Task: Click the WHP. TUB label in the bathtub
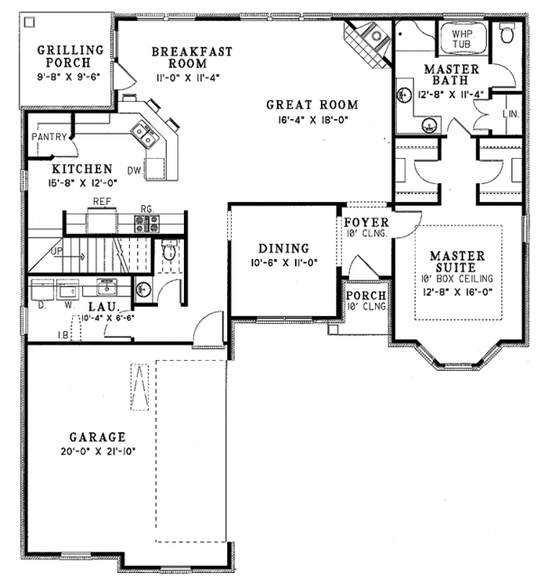coord(462,38)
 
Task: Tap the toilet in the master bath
coord(507,32)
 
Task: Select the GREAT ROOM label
coord(312,105)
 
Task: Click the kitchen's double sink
coord(144,134)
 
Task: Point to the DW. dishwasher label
coord(134,171)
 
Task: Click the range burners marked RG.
coord(147,224)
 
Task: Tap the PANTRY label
coord(49,137)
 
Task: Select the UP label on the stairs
coord(57,252)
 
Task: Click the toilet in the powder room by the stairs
coord(170,250)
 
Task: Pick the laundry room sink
coord(106,287)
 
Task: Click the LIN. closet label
coord(511,114)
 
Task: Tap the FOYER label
coord(366,222)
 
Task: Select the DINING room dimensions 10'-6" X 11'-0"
coord(284,263)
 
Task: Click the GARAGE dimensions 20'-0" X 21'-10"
coord(98,451)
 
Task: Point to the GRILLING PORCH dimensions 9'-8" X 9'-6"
coord(69,78)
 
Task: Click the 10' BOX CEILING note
coord(457,278)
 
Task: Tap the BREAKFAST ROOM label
coord(192,57)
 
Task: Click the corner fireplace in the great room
coord(367,42)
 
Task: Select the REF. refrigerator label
coord(103,201)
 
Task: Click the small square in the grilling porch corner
coord(29,23)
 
